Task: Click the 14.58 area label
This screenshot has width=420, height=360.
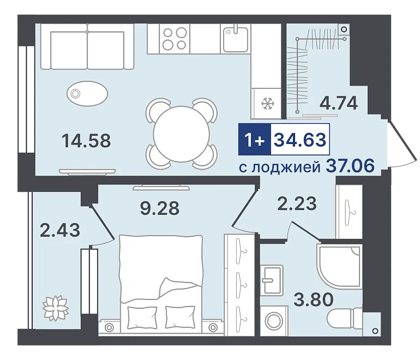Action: tap(86, 141)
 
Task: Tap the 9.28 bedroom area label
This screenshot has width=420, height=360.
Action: tap(160, 208)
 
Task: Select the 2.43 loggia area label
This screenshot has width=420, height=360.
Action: tap(60, 230)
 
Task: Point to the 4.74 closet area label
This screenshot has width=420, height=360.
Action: tap(339, 103)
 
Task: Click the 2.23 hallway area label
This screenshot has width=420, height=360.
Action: tap(297, 203)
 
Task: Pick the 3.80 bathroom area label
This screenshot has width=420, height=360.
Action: tap(314, 299)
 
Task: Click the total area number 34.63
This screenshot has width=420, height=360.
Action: tap(300, 140)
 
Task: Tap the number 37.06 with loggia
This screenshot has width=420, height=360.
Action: tap(350, 166)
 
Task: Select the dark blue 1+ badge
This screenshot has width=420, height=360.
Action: tap(255, 139)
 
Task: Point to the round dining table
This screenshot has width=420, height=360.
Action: tap(181, 134)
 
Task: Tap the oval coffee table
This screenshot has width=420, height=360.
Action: tap(87, 94)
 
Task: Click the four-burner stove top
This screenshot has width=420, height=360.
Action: tap(175, 38)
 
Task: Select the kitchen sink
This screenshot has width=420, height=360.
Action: tap(236, 39)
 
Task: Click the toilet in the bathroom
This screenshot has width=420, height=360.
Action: tap(345, 318)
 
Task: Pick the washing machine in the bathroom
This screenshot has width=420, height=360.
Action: tap(274, 320)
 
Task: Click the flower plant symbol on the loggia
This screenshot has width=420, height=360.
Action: tap(56, 308)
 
